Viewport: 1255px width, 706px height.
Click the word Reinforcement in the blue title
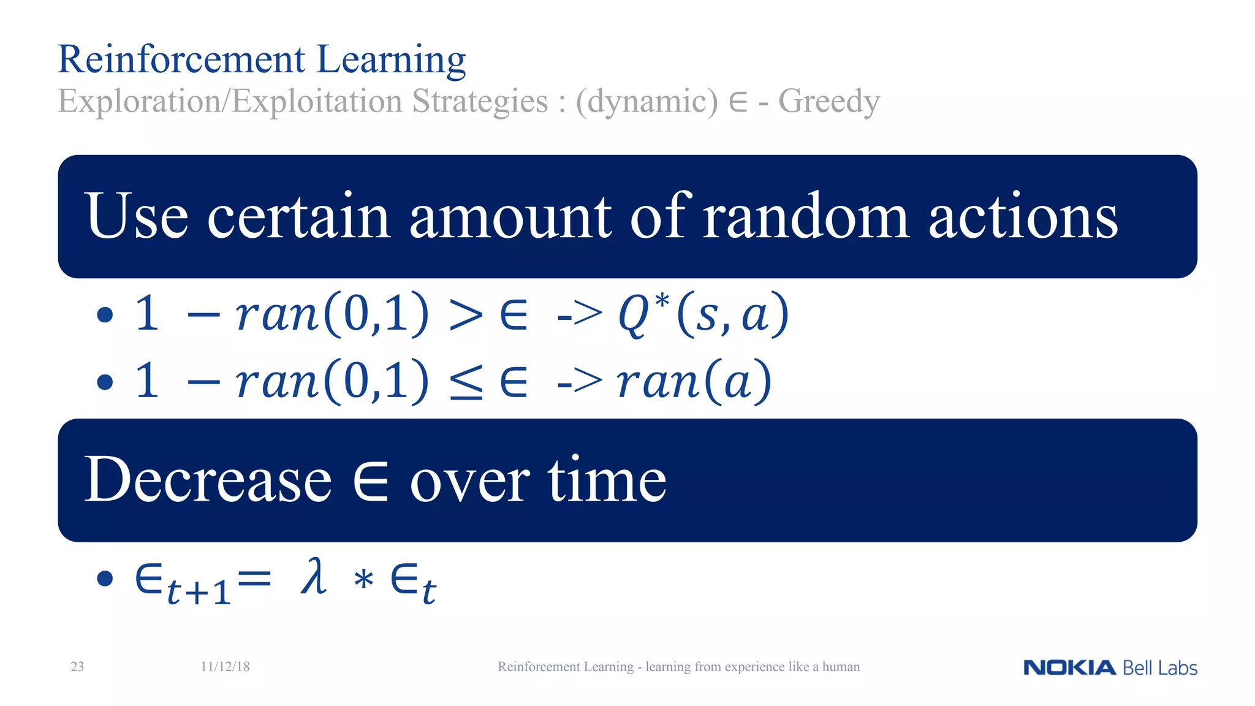(181, 59)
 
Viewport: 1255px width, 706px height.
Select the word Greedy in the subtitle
(828, 102)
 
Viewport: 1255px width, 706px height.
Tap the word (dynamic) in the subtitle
(646, 102)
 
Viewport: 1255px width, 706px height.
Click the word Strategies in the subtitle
(480, 102)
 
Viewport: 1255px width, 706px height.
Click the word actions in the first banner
(1023, 216)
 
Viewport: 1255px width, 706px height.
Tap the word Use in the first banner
(136, 216)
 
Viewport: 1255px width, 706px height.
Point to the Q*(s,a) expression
(703, 314)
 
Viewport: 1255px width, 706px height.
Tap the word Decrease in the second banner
(208, 480)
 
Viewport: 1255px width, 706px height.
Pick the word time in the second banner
(607, 480)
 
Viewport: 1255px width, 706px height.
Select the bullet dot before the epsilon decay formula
(105, 578)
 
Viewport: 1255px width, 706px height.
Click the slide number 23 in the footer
(77, 667)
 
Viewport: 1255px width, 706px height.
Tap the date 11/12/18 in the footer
(225, 667)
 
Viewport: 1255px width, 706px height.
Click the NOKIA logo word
(1069, 667)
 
